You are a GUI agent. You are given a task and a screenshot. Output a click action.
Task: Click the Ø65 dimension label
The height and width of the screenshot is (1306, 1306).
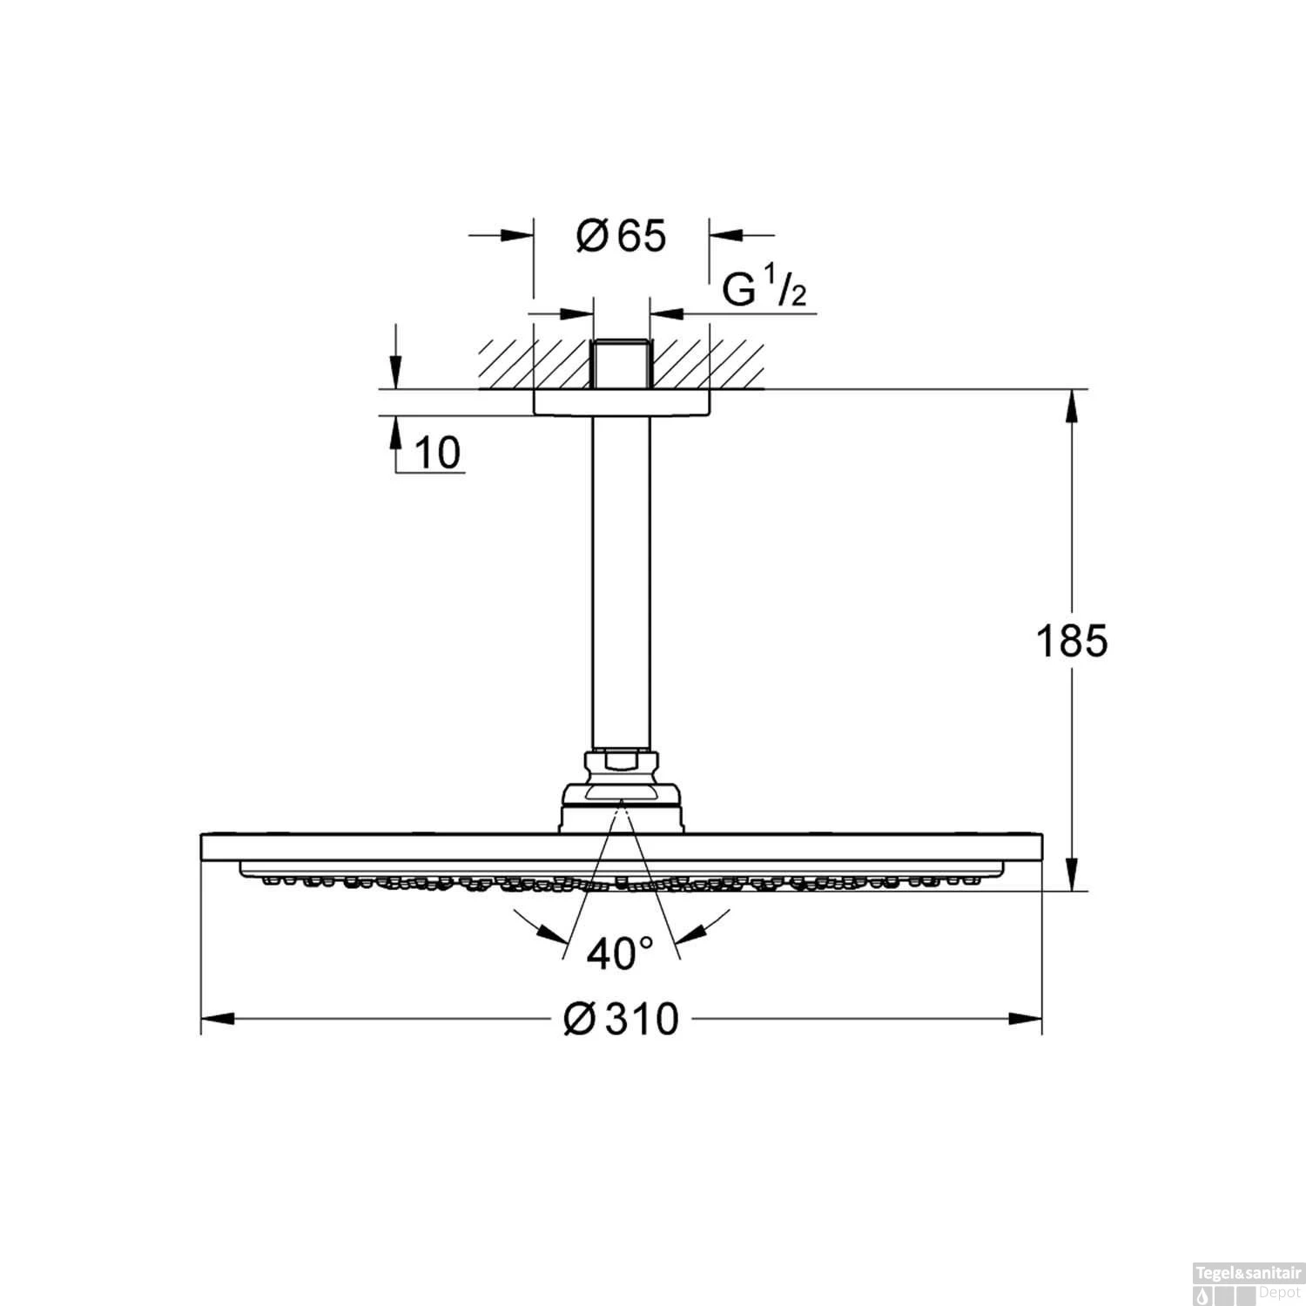621,236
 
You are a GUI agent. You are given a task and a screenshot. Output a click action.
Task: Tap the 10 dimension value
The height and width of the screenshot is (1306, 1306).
437,454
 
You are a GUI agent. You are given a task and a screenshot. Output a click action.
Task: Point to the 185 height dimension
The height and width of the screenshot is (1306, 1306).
1072,642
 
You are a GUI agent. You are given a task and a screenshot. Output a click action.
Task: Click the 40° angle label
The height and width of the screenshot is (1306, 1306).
620,955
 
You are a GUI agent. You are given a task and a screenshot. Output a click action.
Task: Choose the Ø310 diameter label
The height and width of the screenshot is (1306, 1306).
621,1020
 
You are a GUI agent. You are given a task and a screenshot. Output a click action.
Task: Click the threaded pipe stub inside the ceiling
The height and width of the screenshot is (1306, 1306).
621,363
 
